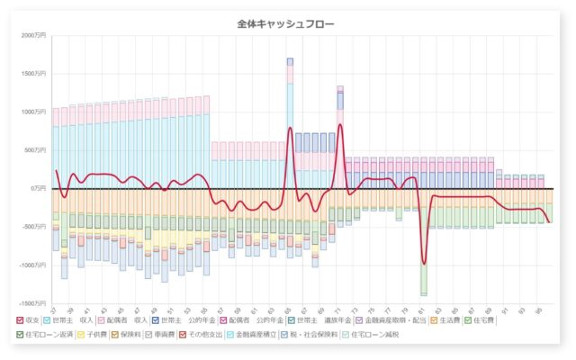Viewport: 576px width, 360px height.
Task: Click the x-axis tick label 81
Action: [423, 310]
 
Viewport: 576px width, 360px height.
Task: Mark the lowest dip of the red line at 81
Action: [423, 264]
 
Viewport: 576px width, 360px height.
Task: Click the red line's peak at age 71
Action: [340, 125]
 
